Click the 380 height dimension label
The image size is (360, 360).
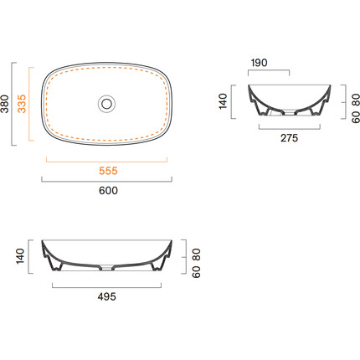[5, 104]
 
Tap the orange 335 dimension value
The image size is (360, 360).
[22, 104]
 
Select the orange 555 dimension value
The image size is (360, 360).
[108, 171]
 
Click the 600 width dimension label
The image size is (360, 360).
[108, 191]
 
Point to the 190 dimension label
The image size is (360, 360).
[259, 63]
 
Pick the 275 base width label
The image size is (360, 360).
[290, 138]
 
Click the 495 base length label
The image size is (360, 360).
[107, 296]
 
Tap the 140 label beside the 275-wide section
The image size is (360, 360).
[224, 101]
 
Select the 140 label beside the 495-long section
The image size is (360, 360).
[20, 256]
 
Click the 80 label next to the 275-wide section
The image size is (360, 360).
[356, 100]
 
